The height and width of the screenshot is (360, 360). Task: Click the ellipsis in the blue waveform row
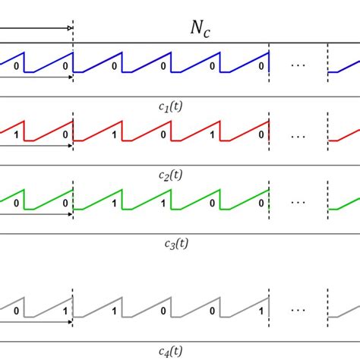coord(298,66)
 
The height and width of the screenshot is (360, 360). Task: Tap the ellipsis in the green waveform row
coord(298,204)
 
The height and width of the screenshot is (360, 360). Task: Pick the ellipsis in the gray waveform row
coord(298,311)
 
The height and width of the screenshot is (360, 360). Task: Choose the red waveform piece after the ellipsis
coord(344,138)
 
